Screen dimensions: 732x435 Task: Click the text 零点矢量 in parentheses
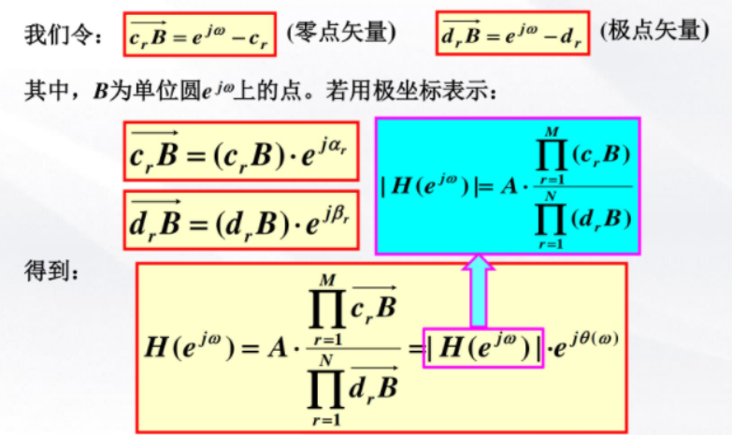(342, 32)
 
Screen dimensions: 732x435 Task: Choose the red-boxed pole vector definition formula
(512, 35)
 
